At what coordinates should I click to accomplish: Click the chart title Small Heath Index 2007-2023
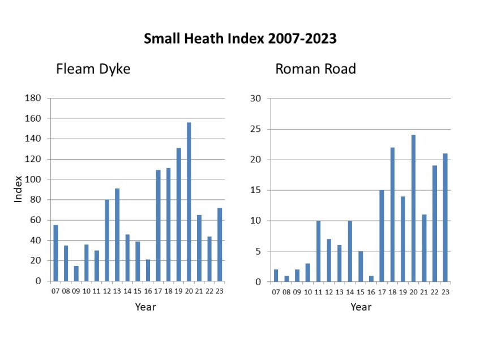point(240,38)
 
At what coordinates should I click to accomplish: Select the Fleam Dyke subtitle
point(93,70)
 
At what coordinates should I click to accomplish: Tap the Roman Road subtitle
point(315,70)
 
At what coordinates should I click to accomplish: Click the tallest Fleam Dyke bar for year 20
point(189,202)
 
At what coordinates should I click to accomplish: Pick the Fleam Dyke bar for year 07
point(55,253)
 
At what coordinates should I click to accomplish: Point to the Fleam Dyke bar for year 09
point(76,273)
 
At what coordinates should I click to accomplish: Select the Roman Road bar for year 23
point(446,217)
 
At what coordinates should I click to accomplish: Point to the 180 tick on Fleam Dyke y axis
point(33,98)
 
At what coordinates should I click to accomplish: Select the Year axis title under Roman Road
point(361,307)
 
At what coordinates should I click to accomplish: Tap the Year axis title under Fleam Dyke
point(145,307)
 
